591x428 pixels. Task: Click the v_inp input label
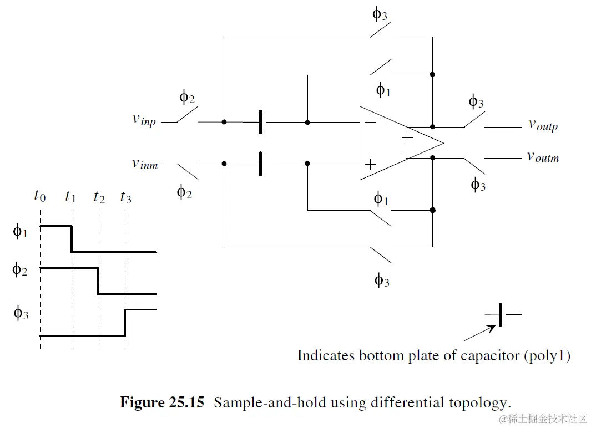(x=144, y=120)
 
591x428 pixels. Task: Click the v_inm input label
(x=144, y=164)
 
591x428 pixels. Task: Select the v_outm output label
(x=543, y=157)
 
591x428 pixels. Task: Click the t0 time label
(x=39, y=195)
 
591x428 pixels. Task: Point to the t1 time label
(x=70, y=195)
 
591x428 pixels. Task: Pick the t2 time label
(x=99, y=196)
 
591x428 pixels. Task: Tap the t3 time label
(x=125, y=196)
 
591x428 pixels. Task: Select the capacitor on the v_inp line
(x=262, y=122)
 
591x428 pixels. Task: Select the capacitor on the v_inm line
(x=262, y=164)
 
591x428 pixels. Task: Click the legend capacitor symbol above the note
(x=503, y=314)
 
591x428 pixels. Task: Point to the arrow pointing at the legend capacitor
(x=479, y=333)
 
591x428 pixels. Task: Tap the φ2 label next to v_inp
(x=187, y=98)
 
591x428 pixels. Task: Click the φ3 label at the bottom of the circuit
(x=382, y=281)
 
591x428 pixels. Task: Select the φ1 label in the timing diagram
(x=20, y=231)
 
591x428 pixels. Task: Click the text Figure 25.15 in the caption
(x=162, y=402)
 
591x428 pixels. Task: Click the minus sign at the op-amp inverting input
(x=370, y=122)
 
